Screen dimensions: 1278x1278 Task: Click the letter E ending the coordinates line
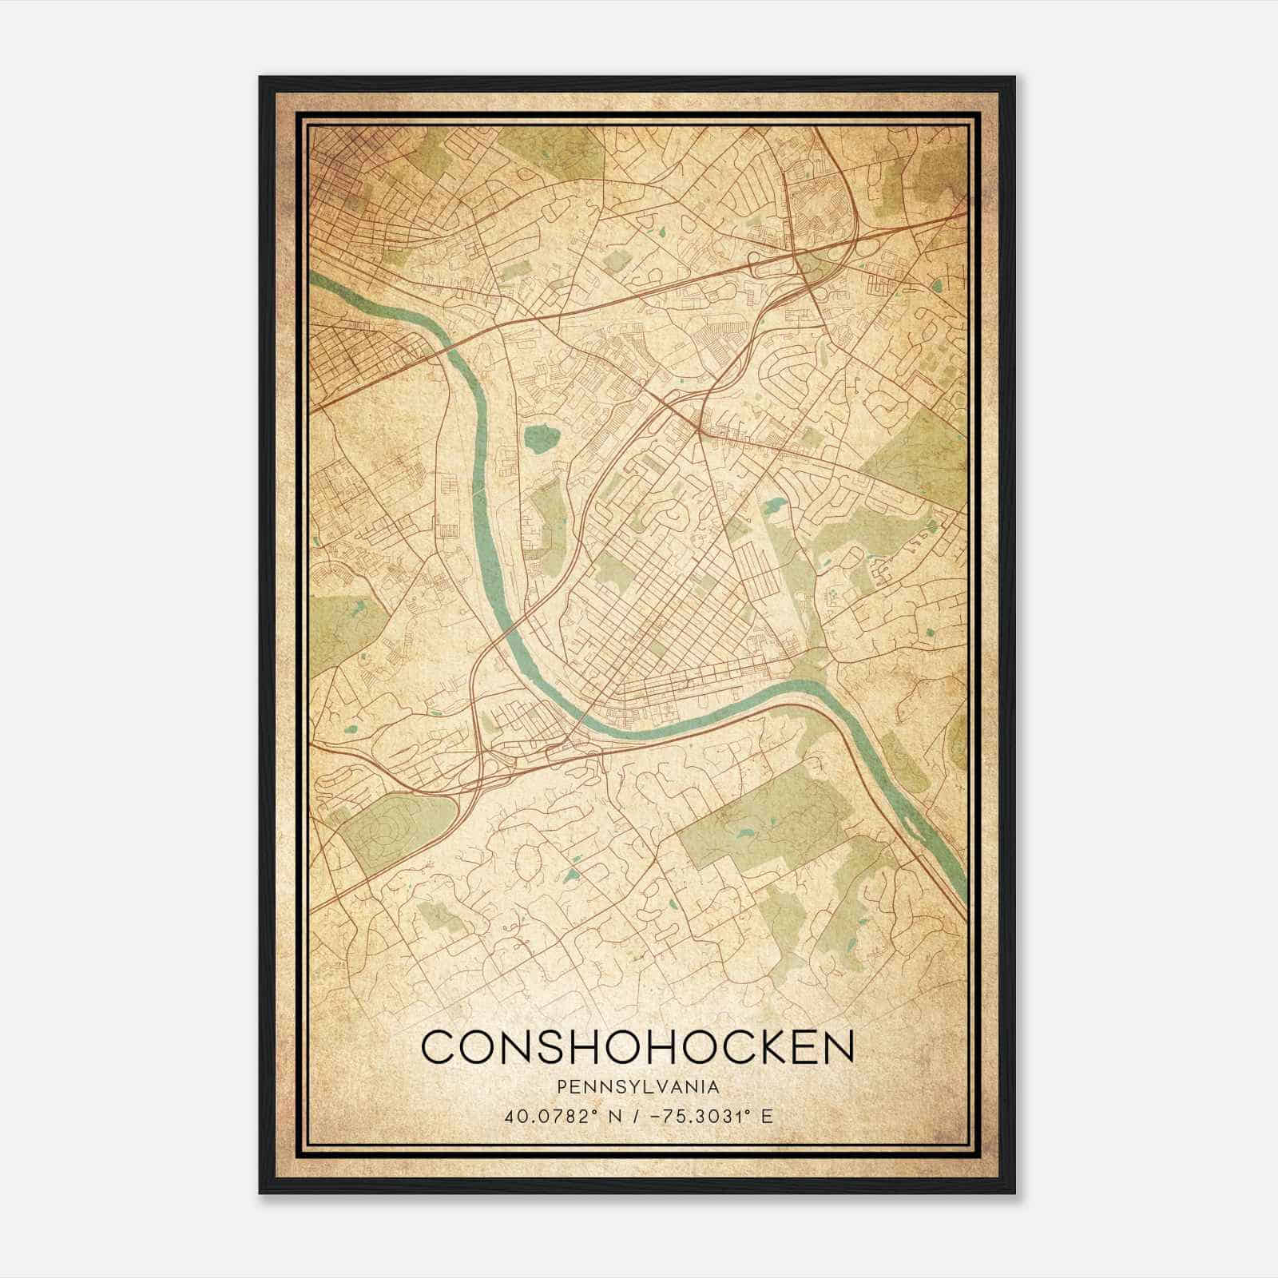[768, 1116]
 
